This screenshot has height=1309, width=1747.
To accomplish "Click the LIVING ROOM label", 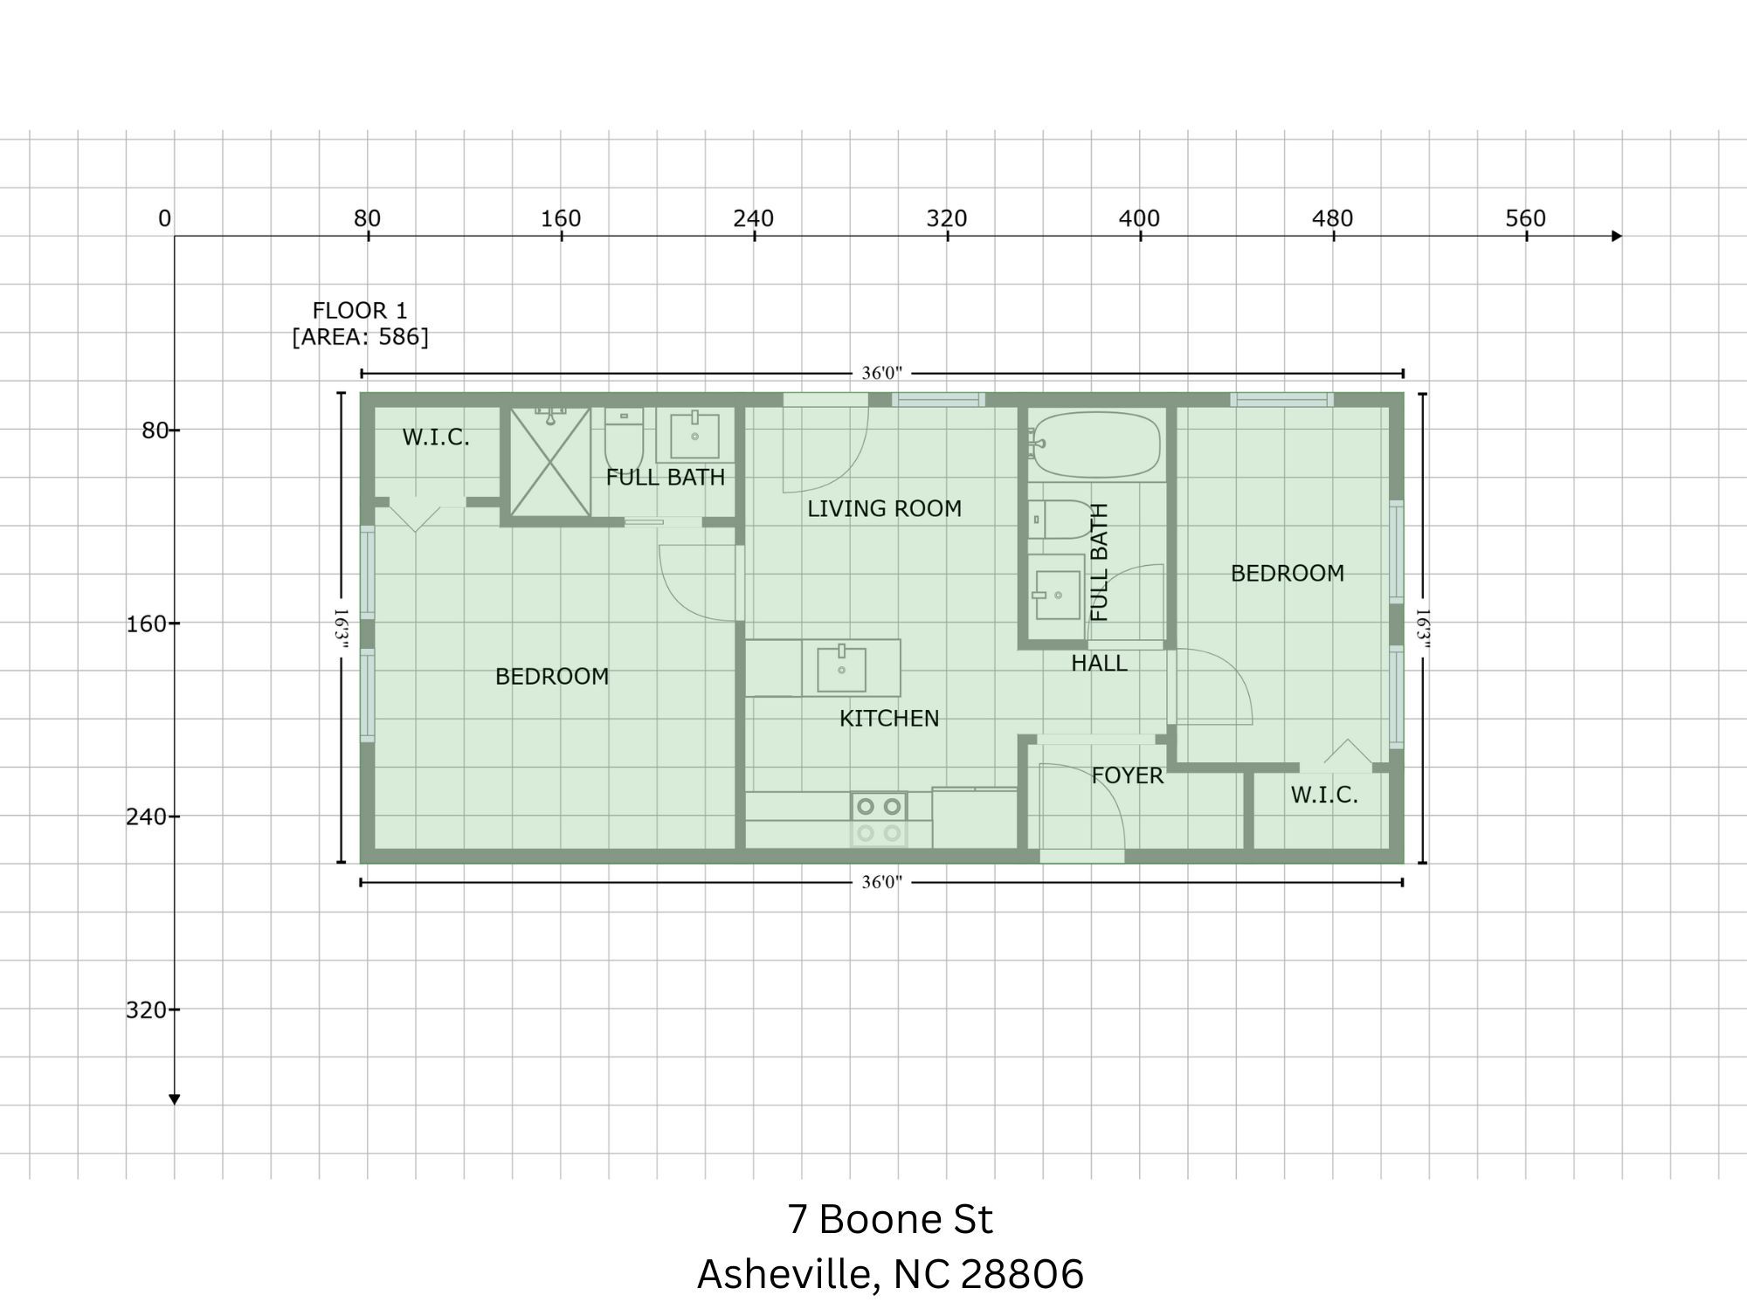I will [884, 508].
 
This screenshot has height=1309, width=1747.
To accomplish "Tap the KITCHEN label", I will [888, 718].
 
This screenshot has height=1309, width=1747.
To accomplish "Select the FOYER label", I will [1127, 775].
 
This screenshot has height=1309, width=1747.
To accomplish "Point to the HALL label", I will [1099, 663].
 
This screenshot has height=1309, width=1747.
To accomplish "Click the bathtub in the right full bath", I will [1097, 444].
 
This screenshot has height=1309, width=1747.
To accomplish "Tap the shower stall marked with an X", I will [550, 462].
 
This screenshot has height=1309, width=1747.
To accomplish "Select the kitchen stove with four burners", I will [879, 819].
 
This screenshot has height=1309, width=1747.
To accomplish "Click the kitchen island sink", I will [841, 668].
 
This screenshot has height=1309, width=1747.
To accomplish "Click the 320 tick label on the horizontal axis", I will [946, 218].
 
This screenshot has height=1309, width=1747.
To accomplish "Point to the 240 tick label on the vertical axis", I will [147, 816].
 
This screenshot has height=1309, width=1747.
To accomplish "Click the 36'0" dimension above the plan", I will [881, 373].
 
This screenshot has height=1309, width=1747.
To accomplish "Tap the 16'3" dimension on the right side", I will [1422, 629].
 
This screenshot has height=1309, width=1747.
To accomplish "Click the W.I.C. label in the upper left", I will [436, 437].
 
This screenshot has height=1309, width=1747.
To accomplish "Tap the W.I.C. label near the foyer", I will [1324, 795].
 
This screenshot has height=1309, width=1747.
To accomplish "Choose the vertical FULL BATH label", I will [1099, 562].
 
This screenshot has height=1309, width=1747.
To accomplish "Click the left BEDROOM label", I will [552, 676].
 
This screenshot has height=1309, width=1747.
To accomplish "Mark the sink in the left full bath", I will [694, 436].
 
